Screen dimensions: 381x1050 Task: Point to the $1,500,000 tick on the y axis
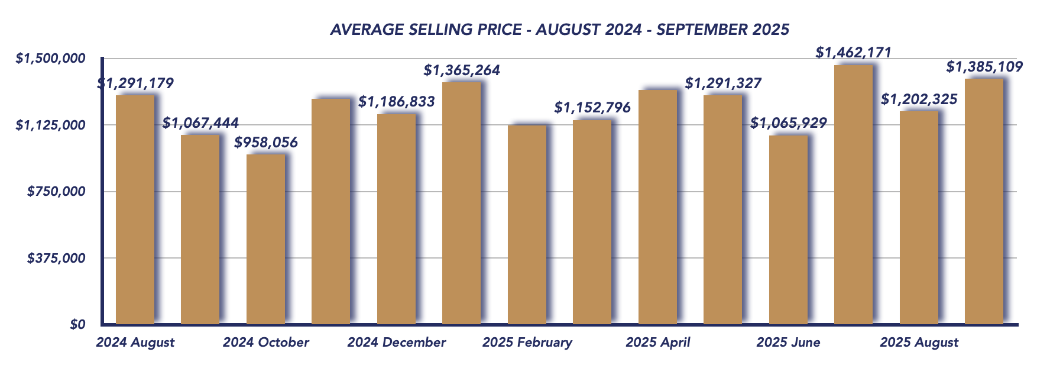59,59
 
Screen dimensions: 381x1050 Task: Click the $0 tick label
78,325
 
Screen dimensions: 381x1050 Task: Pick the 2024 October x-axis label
266,343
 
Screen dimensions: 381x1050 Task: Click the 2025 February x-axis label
527,343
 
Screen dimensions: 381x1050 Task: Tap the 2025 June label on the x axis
789,343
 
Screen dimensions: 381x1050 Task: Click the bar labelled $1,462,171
853,195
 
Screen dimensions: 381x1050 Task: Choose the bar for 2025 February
527,225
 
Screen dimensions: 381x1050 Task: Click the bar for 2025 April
657,207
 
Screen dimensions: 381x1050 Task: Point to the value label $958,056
266,143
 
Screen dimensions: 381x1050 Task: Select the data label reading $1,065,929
789,124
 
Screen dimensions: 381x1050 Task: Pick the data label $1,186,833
397,102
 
